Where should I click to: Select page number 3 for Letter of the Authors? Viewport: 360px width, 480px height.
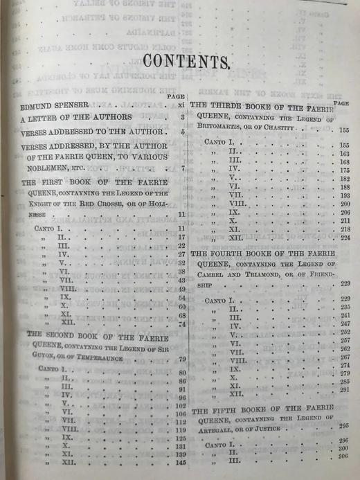pos(182,117)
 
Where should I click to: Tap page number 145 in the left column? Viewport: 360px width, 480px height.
pos(182,463)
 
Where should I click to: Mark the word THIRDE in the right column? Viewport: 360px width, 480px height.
pos(224,107)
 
